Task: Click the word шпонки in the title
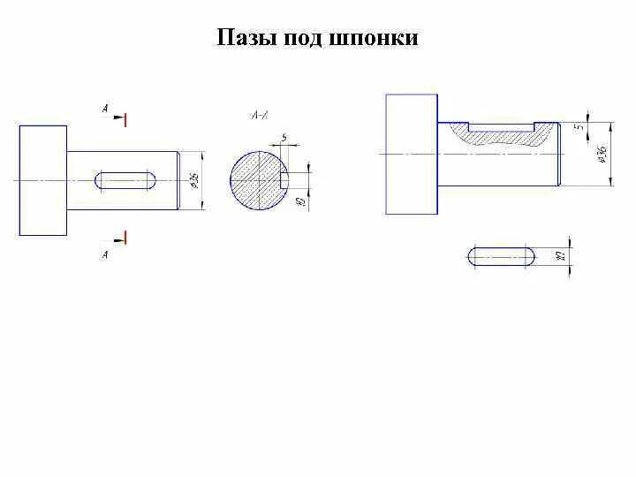372,39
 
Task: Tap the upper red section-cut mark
126,118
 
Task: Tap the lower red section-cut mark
126,237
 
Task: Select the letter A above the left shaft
105,110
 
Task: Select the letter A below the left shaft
105,254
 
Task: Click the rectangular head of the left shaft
42,180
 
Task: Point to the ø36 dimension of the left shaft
194,180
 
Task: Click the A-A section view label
261,115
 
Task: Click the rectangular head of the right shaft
412,155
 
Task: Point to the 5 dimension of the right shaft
580,126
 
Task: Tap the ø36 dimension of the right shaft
602,153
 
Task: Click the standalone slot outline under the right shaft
501,256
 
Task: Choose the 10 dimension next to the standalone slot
561,256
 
